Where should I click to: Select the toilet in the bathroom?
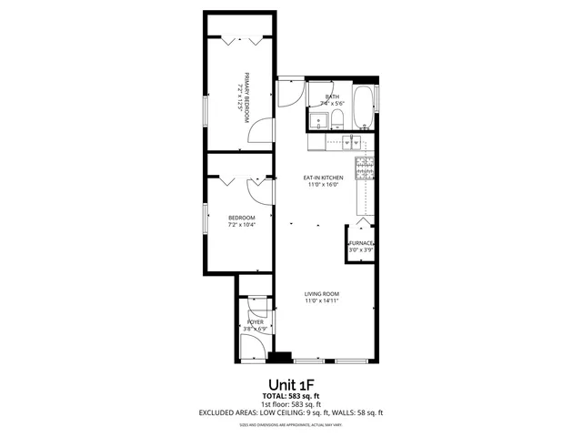[x=336, y=119]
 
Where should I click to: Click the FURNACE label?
[x=361, y=243]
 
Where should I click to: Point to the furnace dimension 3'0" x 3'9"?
[x=361, y=250]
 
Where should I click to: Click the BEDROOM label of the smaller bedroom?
[x=241, y=218]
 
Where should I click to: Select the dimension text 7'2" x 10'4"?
[x=241, y=225]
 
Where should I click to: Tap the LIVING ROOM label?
[x=322, y=293]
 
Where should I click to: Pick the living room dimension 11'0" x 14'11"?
[x=322, y=300]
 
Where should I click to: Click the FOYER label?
[x=256, y=322]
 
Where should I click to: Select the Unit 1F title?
[x=291, y=384]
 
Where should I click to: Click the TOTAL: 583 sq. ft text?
[x=291, y=397]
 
